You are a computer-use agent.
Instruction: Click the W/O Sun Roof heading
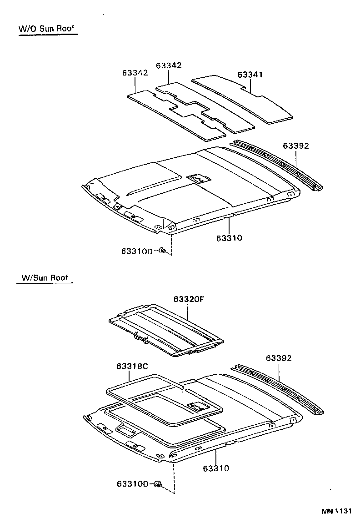coord(46,29)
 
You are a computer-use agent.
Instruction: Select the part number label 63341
coord(250,75)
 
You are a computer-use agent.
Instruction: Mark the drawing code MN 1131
coord(337,511)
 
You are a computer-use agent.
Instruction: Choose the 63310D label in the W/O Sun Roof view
coord(137,251)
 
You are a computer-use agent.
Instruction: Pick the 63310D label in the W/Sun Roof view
coord(132,483)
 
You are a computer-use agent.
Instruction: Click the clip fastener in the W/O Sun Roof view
coord(162,250)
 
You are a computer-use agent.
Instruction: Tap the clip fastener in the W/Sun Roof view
coord(158,484)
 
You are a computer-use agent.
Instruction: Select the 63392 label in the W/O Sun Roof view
coord(296,146)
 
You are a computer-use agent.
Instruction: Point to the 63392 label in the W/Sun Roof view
coord(279,358)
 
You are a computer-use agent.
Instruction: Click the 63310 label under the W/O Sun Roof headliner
coord(229,238)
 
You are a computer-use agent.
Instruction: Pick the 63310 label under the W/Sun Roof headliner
coord(216,468)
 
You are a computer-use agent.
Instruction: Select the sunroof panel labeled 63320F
coord(166,329)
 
